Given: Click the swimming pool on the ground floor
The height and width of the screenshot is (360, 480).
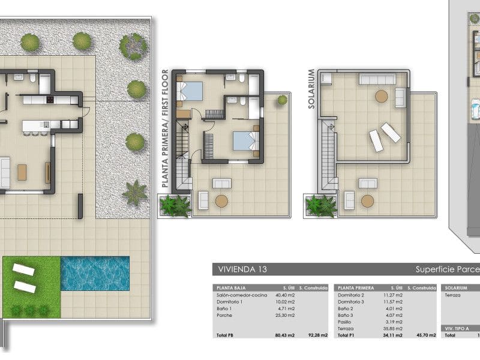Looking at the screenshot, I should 95,274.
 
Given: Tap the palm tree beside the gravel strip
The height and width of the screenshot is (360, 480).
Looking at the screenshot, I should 134,193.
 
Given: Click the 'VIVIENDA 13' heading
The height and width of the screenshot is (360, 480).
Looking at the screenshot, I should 238,269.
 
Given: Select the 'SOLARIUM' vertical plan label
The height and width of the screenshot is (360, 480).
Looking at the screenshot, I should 311,89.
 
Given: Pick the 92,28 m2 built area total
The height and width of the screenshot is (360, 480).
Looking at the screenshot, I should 317,335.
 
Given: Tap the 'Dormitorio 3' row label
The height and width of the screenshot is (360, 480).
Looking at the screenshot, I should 351,302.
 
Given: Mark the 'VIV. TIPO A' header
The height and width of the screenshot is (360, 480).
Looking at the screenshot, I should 458,328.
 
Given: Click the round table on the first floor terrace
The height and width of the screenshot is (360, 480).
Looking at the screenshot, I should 222,201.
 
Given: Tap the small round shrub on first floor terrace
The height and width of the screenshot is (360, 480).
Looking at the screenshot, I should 281,101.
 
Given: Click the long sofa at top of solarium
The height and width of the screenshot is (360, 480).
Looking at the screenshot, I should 376,79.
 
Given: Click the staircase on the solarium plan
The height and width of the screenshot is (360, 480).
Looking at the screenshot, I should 328,154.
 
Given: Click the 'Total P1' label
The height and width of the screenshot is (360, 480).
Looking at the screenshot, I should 346,335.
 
